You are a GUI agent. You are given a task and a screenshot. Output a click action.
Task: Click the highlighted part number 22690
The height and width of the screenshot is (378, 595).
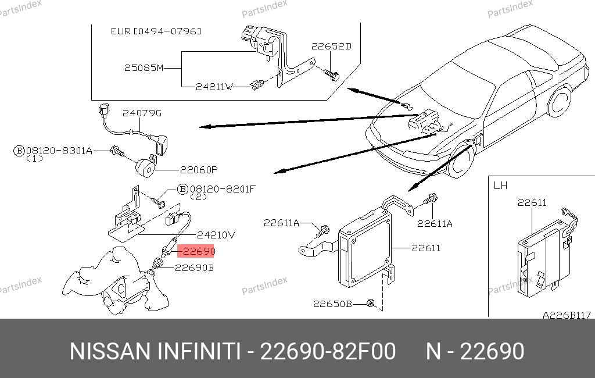pyautogui.click(x=196, y=251)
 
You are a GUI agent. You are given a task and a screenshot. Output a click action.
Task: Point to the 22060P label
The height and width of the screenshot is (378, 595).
pyautogui.click(x=198, y=170)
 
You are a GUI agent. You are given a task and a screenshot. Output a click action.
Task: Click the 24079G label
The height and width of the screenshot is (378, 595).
pyautogui.click(x=142, y=113)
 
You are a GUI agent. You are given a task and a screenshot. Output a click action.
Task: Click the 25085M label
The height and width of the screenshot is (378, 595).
pyautogui.click(x=144, y=67)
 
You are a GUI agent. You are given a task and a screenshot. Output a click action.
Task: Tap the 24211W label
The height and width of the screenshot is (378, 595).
pyautogui.click(x=214, y=87)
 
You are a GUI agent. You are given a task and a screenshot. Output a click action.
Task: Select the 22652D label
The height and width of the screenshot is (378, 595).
pyautogui.click(x=331, y=47)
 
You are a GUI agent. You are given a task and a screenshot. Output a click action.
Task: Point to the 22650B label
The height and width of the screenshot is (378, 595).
pyautogui.click(x=332, y=304)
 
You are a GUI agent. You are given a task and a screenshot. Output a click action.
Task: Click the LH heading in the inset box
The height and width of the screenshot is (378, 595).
pyautogui.click(x=500, y=186)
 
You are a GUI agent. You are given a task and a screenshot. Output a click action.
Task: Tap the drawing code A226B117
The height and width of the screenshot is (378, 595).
pyautogui.click(x=567, y=315)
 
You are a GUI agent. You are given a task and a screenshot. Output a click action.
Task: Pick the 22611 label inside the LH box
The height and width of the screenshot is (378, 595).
pyautogui.click(x=532, y=202)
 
